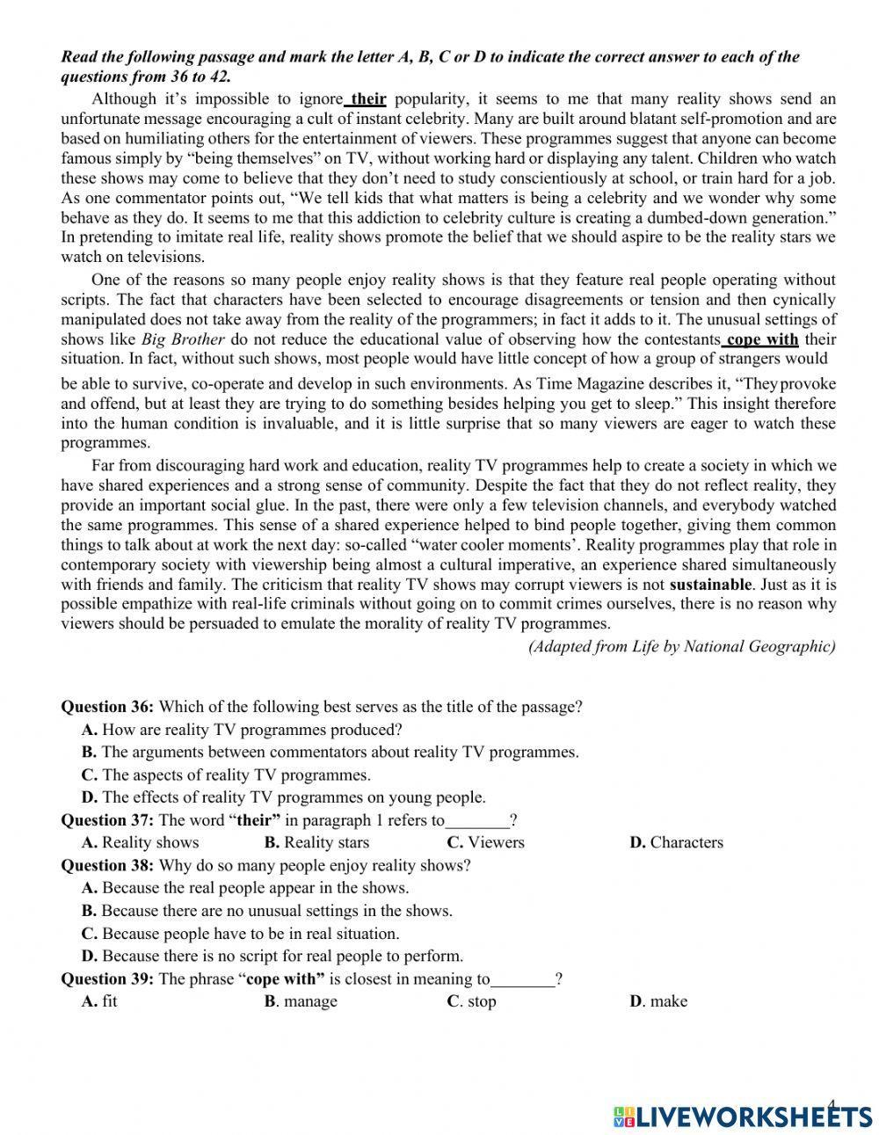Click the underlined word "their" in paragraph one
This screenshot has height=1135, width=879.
[368, 99]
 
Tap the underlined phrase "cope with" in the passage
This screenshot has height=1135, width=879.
[762, 339]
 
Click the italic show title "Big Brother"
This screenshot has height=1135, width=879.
[183, 339]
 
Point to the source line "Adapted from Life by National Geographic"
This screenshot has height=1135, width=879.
[681, 646]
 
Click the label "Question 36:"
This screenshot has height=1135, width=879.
[107, 707]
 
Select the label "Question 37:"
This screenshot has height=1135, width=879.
[107, 820]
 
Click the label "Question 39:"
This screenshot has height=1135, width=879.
[107, 979]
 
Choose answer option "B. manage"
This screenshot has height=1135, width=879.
[301, 1001]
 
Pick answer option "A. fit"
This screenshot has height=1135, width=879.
[99, 1001]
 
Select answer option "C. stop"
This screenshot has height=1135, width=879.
[472, 1001]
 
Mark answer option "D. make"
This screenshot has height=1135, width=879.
[659, 1001]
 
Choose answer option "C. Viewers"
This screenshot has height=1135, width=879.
[485, 842]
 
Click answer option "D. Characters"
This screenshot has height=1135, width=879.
[677, 842]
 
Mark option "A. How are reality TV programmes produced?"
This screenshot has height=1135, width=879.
[242, 730]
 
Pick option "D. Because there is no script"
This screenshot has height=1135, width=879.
[272, 956]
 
